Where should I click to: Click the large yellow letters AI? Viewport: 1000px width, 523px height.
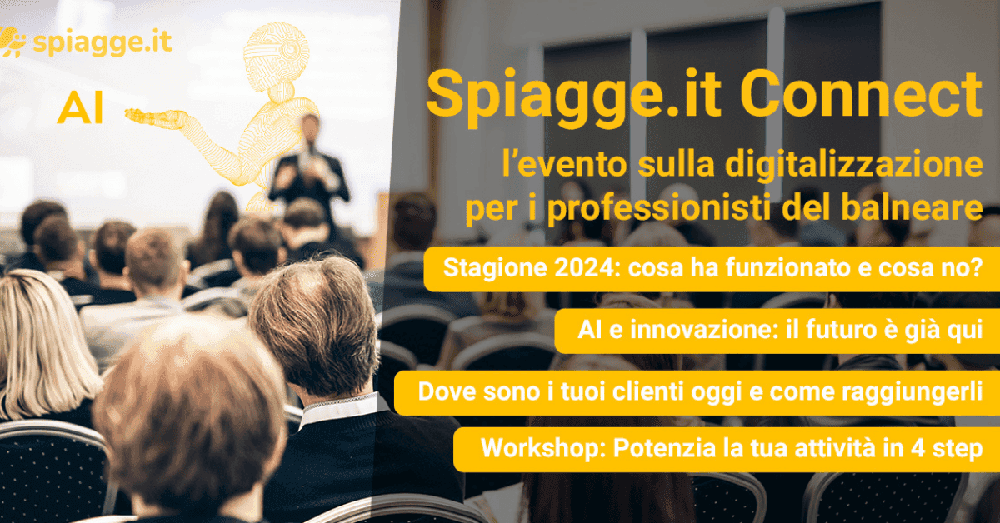[80, 111]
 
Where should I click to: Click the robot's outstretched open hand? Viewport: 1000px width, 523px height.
[159, 119]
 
